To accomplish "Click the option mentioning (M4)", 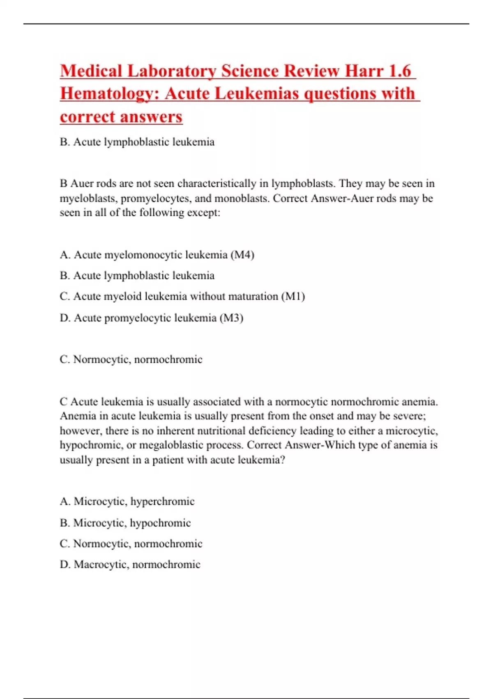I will [x=157, y=255].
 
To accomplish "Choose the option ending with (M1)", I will [x=182, y=296].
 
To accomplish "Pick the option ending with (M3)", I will [x=152, y=318].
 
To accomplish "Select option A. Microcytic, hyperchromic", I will [x=127, y=502].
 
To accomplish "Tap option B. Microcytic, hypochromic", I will [x=125, y=523].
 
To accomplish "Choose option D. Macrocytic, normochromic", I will [x=130, y=565].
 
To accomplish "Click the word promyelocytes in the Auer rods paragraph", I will [x=156, y=199].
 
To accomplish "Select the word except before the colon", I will [x=203, y=213].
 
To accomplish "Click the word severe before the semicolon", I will [x=409, y=416].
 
